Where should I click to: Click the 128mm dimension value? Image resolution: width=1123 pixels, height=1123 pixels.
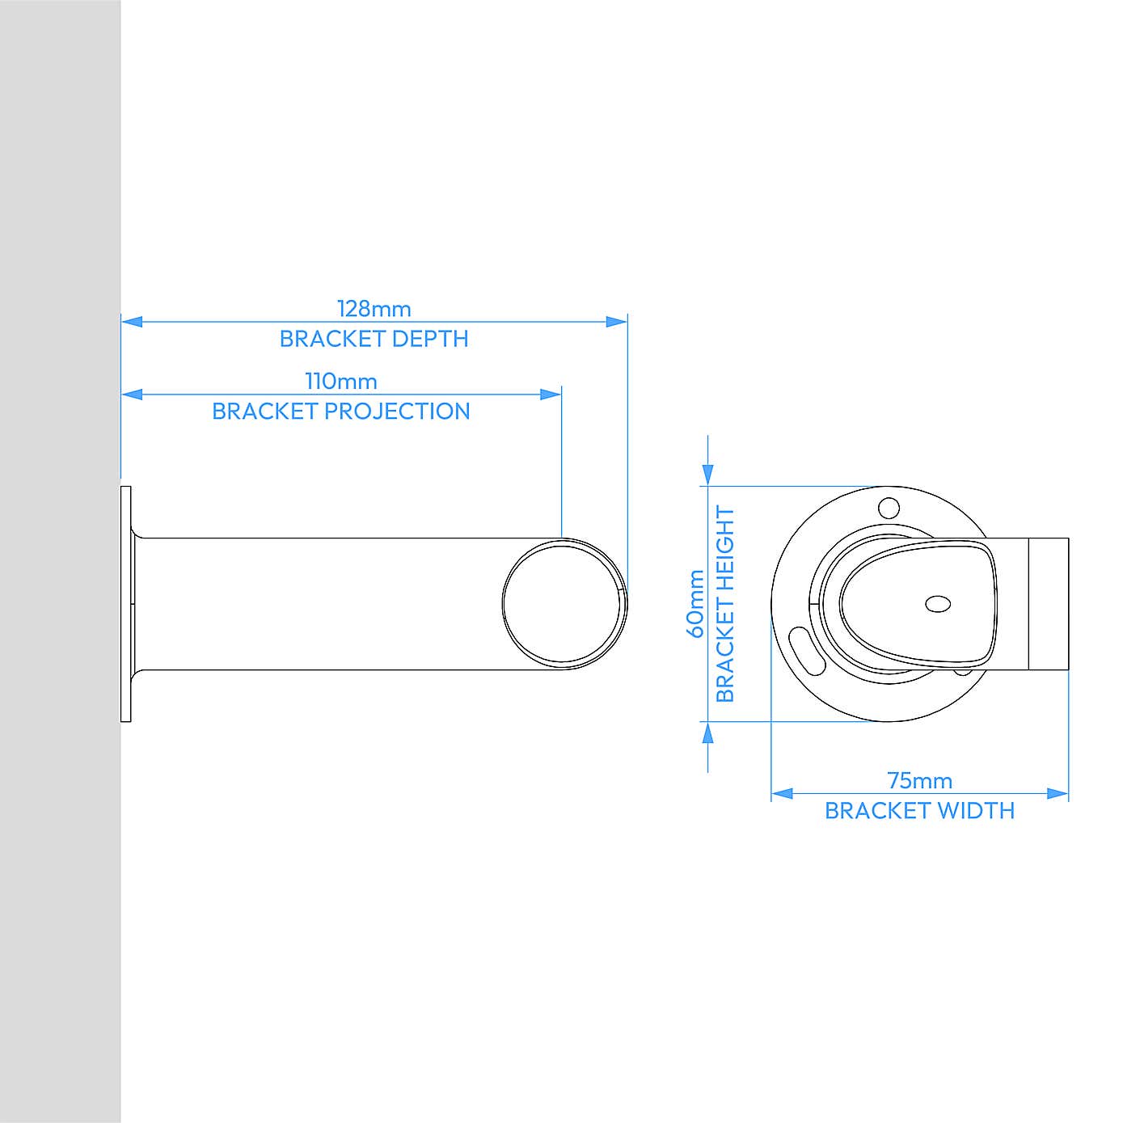[x=374, y=309]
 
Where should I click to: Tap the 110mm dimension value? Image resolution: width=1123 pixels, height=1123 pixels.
[x=340, y=382]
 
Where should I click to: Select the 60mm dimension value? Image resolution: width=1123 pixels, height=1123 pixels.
[x=695, y=604]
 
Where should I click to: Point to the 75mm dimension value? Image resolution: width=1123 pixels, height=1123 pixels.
[x=919, y=781]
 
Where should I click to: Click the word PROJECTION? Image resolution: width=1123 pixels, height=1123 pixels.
[x=398, y=412]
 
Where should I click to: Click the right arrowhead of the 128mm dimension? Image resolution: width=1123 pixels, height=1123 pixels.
[x=616, y=322]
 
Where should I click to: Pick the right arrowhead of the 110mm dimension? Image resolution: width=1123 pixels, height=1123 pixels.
[x=551, y=395]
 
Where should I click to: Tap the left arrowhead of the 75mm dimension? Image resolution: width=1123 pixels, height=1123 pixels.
[x=782, y=794]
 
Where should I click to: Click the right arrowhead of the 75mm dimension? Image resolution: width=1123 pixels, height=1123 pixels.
[x=1058, y=794]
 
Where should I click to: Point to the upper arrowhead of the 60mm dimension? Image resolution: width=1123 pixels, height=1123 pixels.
[x=708, y=475]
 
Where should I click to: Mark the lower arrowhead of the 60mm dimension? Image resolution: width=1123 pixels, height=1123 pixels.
[x=708, y=732]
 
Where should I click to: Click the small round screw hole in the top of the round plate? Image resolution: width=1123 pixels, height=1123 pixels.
[x=889, y=509]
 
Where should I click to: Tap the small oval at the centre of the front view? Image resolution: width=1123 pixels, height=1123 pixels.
[x=938, y=604]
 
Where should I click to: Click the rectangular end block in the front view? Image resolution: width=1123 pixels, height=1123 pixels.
[x=1049, y=604]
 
